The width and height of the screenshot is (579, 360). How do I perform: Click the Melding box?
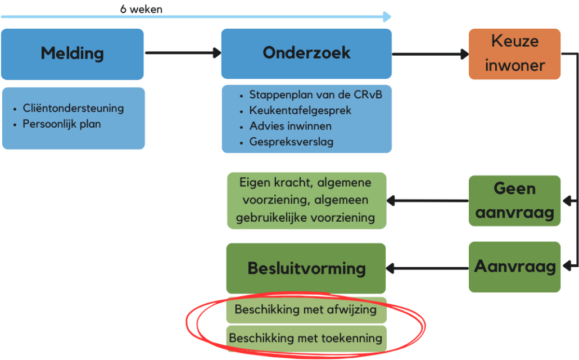point(73,54)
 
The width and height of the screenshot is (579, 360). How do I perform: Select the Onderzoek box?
point(306,53)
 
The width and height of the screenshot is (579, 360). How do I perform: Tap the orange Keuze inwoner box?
point(515,54)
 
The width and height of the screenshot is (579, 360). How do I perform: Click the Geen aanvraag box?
point(515,201)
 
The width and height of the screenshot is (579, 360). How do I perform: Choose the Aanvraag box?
point(515,267)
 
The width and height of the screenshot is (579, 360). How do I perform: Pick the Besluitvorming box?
point(306,268)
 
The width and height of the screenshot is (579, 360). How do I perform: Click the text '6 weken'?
point(141,9)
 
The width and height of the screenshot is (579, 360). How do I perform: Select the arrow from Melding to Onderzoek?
point(183,53)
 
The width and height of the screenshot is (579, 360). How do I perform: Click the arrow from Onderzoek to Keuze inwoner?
point(431,54)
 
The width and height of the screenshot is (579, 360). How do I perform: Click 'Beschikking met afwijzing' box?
point(306,310)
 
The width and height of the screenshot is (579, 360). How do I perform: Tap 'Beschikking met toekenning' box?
point(306,338)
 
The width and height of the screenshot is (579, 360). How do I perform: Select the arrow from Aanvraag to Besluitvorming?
point(428,268)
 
